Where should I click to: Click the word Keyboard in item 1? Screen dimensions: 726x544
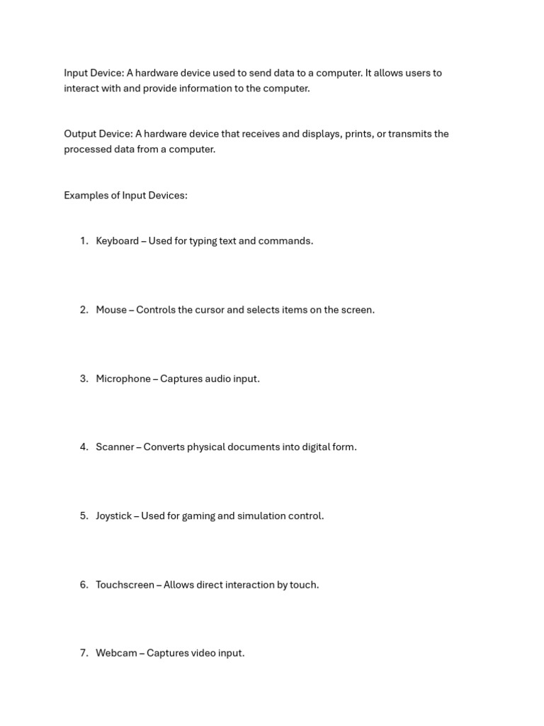(117, 241)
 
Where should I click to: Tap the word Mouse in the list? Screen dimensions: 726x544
(111, 310)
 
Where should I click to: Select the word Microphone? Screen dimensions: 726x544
(123, 379)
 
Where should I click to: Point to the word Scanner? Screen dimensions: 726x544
(115, 447)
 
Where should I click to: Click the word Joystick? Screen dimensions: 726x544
(114, 516)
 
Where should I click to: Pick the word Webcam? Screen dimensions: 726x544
(116, 653)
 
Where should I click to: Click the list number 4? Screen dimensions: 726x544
(84, 447)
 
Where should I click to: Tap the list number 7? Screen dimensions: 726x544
(84, 653)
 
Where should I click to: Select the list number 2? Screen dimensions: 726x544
(84, 310)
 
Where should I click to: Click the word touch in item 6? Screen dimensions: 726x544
(304, 585)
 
